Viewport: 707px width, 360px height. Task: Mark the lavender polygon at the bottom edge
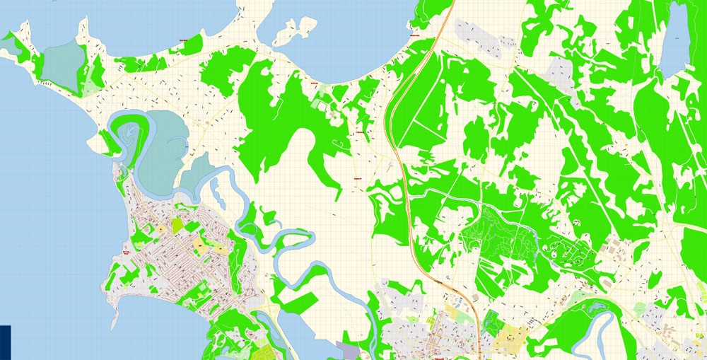[x=348, y=350]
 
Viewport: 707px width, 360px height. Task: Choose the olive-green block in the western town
[x=176, y=225]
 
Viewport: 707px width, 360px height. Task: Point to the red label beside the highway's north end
[x=416, y=35]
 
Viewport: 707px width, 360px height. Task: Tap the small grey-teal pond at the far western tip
[x=9, y=45]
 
